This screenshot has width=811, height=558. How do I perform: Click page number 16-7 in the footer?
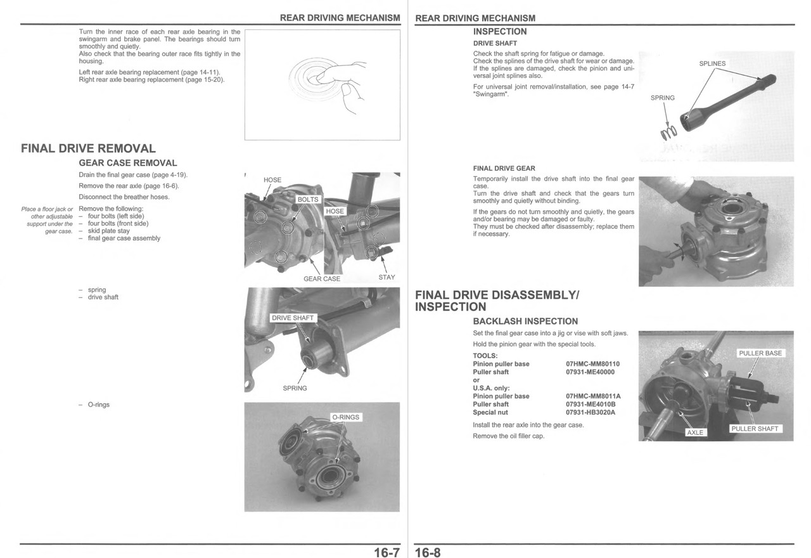386,552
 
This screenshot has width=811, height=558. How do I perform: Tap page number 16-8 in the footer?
428,552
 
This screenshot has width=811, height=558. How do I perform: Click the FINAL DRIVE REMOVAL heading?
88,148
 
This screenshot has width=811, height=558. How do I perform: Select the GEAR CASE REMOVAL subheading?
127,163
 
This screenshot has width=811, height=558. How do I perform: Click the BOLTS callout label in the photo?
308,199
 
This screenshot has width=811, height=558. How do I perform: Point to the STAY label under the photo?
386,277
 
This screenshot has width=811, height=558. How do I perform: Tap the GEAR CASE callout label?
322,278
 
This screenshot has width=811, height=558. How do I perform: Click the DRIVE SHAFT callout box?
292,318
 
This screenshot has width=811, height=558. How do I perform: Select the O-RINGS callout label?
345,417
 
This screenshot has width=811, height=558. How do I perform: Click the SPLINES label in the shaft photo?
712,63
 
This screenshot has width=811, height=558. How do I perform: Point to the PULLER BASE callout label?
760,353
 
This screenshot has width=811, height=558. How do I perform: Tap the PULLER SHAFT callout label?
755,429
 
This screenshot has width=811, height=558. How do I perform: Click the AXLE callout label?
695,432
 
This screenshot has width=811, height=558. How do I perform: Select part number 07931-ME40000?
590,372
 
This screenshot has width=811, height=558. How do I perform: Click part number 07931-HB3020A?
591,412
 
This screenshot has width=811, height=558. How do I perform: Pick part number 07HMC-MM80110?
592,364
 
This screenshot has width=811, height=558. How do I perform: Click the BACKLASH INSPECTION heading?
525,321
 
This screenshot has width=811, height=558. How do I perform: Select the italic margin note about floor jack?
47,220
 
